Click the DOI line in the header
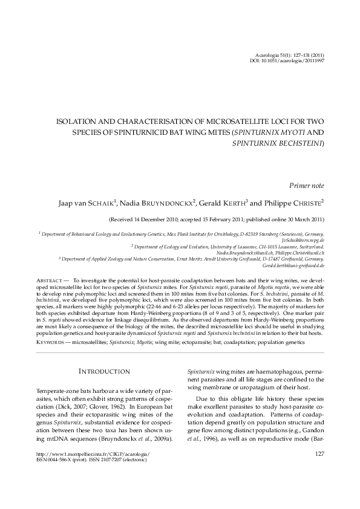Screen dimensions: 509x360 click(289, 61)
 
